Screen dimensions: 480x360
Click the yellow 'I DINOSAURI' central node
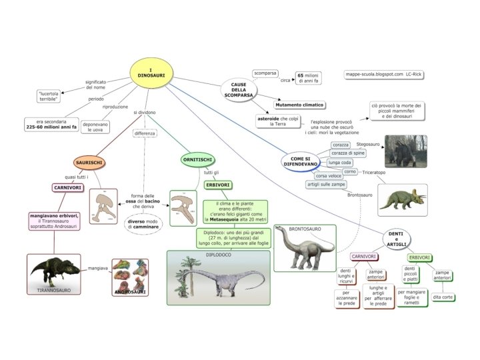[x=151, y=73]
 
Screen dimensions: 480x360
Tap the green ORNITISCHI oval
[x=198, y=159]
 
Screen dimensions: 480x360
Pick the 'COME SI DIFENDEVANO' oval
[x=301, y=161]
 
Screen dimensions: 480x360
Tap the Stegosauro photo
[x=405, y=151]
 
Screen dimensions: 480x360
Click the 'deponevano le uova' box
[x=96, y=127]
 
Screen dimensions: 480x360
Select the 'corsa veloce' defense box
[x=329, y=175]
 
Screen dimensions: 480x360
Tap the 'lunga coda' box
[x=340, y=162]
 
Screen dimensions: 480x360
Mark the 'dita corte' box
[x=443, y=297]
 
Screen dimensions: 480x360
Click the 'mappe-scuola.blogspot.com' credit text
[x=373, y=75]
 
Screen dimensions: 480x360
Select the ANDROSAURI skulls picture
[x=129, y=277]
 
